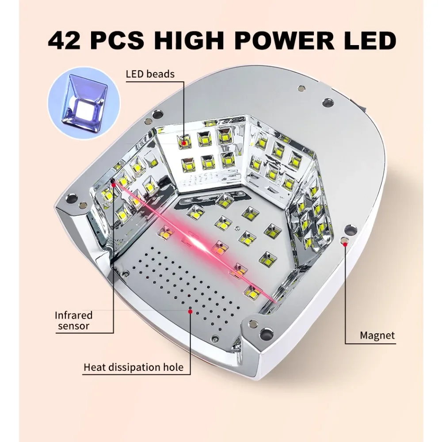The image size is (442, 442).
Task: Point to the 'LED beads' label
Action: [150, 74]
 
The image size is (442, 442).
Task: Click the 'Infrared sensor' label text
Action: [73, 321]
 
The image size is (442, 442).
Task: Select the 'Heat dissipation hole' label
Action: [133, 367]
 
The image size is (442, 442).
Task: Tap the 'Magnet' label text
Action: [377, 335]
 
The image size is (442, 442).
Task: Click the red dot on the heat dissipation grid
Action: [191, 311]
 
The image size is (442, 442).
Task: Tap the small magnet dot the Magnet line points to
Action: [345, 241]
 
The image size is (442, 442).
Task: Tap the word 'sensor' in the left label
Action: [73, 327]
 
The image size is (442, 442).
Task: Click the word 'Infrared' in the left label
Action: [73, 316]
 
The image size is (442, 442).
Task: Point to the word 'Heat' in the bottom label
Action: [94, 367]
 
